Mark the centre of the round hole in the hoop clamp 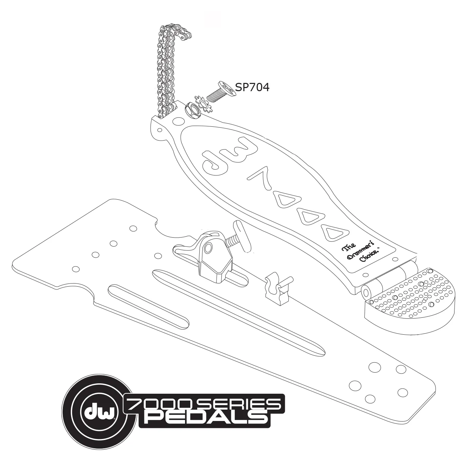click(208, 248)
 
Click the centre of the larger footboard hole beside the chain click(178, 121)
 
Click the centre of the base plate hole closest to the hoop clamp click(158, 256)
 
